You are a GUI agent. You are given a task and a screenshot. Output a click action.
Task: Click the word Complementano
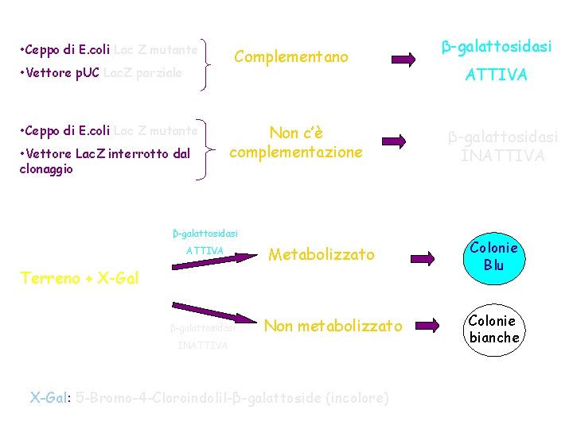(x=291, y=57)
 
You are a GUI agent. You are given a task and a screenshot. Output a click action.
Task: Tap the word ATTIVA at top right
(x=496, y=75)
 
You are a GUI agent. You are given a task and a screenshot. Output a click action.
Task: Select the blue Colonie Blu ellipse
(x=493, y=257)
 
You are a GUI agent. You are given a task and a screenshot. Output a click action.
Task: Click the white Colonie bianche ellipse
(x=493, y=329)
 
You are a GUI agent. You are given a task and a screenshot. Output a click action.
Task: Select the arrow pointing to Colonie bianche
(x=428, y=325)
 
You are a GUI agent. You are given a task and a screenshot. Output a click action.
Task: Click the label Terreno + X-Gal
(x=80, y=278)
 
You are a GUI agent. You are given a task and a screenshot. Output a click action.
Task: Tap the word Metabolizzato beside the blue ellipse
(x=322, y=254)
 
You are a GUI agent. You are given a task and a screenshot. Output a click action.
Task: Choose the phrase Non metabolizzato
(x=333, y=326)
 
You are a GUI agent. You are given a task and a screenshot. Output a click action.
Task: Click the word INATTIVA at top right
(x=502, y=156)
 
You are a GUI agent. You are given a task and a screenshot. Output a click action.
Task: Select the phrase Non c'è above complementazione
(x=295, y=133)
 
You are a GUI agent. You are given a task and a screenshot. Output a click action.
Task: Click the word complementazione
(x=295, y=152)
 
